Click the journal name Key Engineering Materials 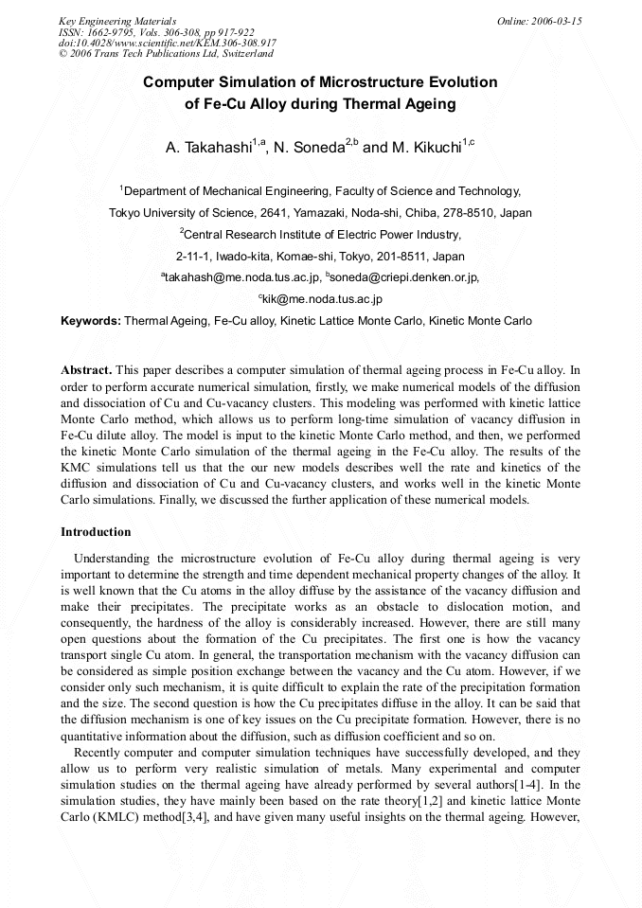117,21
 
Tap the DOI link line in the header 168,44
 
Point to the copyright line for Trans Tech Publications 166,54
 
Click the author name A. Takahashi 210,148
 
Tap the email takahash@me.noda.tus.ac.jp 242,277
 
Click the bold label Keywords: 91,321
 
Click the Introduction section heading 96,532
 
